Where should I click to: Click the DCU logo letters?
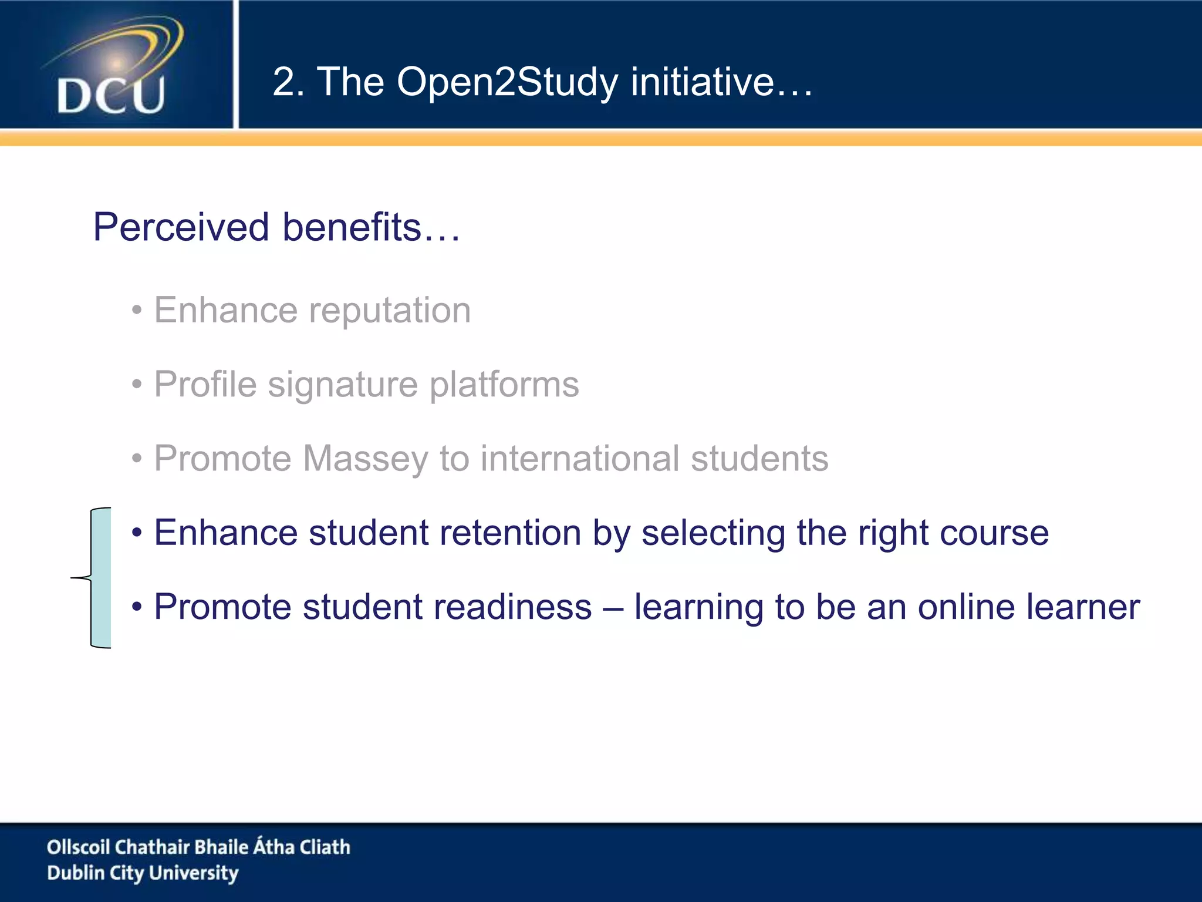pyautogui.click(x=111, y=96)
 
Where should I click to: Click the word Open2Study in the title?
pyautogui.click(x=507, y=82)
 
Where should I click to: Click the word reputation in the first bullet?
pyautogui.click(x=390, y=311)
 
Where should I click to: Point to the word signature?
pyautogui.click(x=343, y=385)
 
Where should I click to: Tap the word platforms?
pyautogui.click(x=504, y=385)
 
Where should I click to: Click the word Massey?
pyautogui.click(x=366, y=459)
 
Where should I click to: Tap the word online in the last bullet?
pyautogui.click(x=966, y=607)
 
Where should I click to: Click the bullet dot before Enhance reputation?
pyautogui.click(x=137, y=311)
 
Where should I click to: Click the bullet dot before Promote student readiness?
pyautogui.click(x=137, y=607)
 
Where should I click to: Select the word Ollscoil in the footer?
pyautogui.click(x=78, y=847)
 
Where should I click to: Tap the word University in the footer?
pyautogui.click(x=194, y=873)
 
